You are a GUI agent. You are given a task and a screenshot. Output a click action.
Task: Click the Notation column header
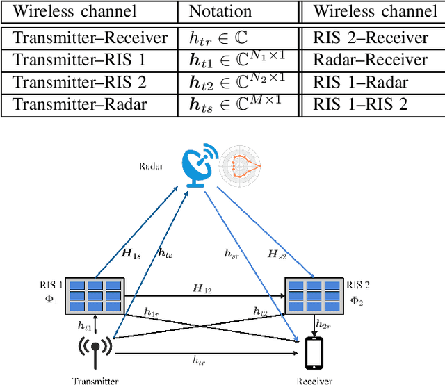tap(220, 12)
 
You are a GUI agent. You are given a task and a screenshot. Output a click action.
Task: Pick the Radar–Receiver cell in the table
tap(370, 60)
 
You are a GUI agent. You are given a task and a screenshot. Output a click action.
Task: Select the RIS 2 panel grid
tap(314, 295)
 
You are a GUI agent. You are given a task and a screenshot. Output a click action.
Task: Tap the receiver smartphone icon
tap(314, 352)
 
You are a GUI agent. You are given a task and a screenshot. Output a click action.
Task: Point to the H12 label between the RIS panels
tap(203, 287)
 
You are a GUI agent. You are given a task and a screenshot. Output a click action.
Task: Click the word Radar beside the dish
tap(152, 167)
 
